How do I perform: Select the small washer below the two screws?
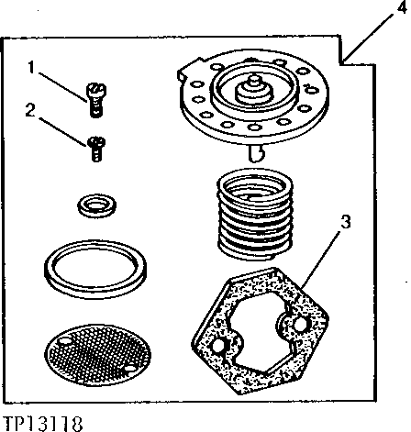point(96,205)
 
